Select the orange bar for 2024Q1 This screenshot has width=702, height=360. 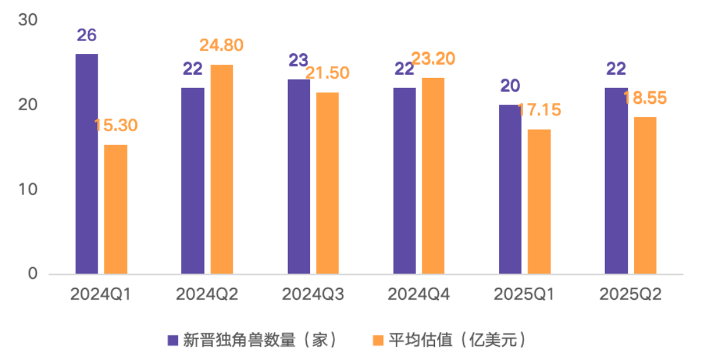(115, 209)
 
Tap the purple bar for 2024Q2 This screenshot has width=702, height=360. (192, 181)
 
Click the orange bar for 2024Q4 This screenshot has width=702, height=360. (433, 176)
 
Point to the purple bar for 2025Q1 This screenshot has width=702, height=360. (510, 189)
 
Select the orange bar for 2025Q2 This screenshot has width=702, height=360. (645, 195)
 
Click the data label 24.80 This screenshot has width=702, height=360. (221, 46)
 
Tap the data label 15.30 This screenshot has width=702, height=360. (115, 125)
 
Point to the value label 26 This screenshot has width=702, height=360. (86, 35)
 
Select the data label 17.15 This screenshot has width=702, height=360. (539, 110)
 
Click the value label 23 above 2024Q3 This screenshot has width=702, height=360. (298, 60)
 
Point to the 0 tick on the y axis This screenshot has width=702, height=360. (33, 274)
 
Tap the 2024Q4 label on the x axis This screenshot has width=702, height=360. (418, 295)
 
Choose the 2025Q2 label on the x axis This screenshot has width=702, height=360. (630, 295)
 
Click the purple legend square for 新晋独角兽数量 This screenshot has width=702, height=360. (172, 340)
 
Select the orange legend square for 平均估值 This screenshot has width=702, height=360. (377, 340)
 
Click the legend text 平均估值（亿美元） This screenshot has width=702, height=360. (457, 340)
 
